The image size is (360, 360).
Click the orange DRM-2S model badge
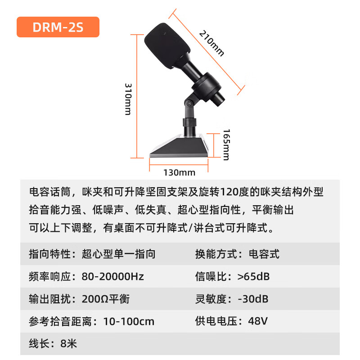58,27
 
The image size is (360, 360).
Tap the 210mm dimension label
211,43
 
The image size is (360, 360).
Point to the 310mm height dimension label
128,99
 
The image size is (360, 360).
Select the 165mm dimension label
226,144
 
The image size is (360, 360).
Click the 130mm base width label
179,172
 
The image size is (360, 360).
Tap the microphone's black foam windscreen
167,45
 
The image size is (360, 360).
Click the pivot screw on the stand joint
189,103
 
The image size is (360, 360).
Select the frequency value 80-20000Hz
113,276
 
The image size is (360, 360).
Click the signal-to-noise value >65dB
253,276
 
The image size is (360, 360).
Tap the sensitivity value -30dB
253,299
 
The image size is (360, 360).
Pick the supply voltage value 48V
258,321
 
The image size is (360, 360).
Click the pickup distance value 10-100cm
129,321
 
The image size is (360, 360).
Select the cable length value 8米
69,344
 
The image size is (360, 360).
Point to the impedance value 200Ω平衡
106,299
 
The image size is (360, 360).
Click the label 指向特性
49,254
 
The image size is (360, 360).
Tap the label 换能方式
216,254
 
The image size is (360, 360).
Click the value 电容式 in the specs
264,254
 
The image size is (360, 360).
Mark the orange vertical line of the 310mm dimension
137,96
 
